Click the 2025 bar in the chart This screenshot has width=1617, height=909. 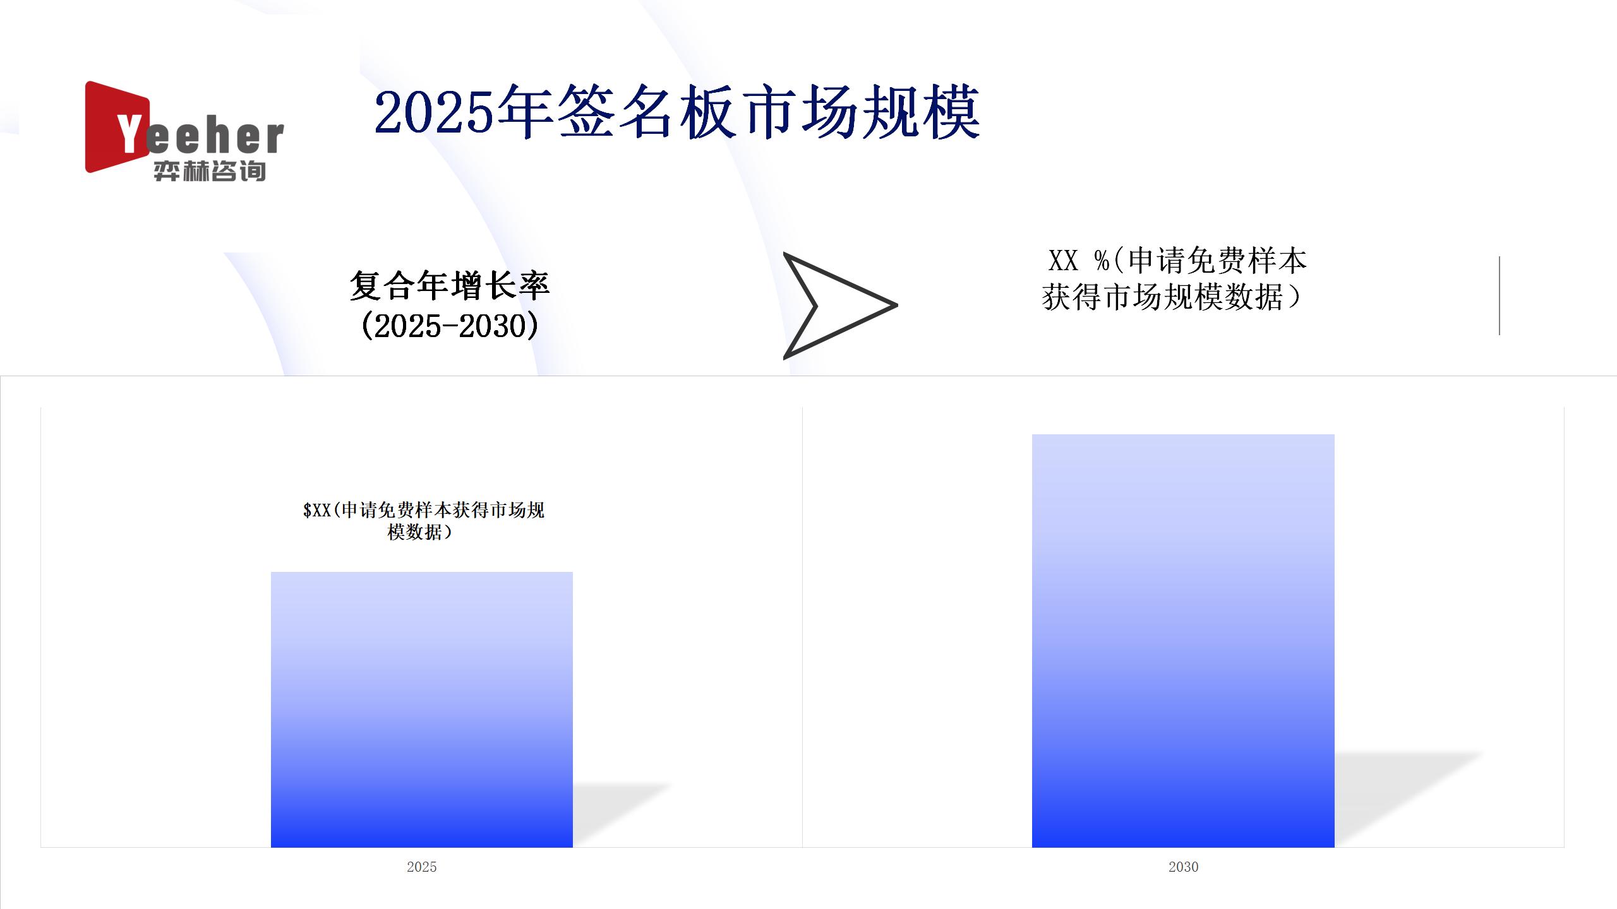click(422, 710)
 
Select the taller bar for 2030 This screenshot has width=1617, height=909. click(1183, 641)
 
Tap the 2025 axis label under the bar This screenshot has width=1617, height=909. click(422, 867)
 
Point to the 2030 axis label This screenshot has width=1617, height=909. click(1183, 867)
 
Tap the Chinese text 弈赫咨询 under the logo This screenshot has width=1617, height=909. click(210, 171)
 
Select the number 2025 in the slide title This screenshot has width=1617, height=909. click(433, 112)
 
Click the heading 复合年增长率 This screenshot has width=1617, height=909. click(450, 285)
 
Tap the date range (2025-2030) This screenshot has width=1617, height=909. click(450, 326)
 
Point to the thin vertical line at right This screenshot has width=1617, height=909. click(1500, 295)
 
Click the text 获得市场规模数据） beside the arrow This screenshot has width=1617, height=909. click(1172, 297)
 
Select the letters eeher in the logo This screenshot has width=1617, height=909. click(215, 137)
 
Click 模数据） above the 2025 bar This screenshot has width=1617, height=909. click(420, 532)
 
